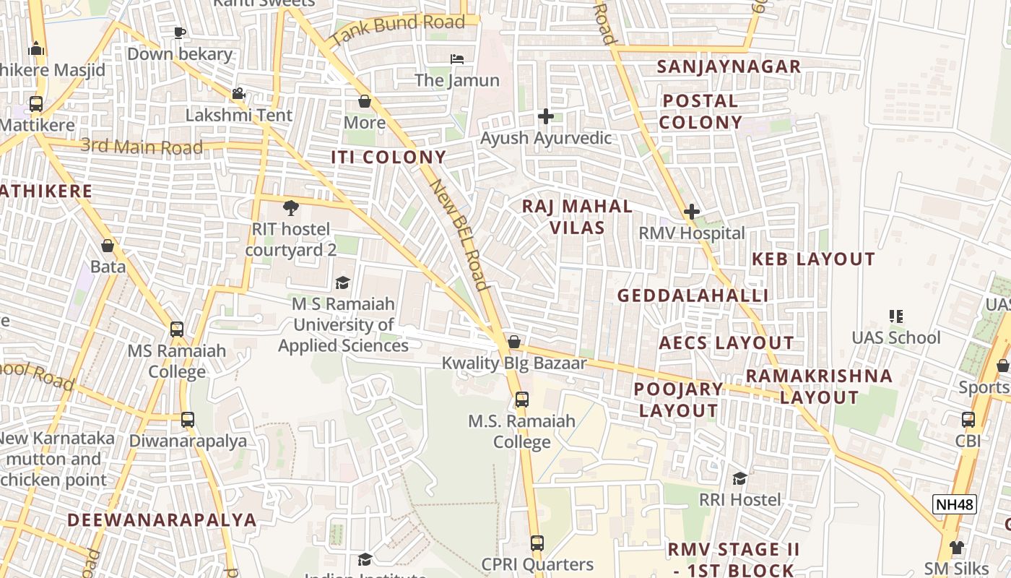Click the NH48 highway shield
click(955, 504)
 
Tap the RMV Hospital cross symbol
click(691, 212)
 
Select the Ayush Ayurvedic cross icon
click(546, 116)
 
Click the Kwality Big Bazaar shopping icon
click(514, 341)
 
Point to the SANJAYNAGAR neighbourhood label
click(729, 66)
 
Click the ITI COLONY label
click(389, 157)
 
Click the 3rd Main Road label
click(142, 146)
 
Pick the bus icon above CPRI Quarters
click(537, 543)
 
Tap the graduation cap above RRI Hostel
click(739, 478)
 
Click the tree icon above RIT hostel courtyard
click(290, 208)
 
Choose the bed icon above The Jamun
click(456, 59)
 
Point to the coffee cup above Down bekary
click(180, 33)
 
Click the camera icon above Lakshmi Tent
click(238, 93)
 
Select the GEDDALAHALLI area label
click(693, 296)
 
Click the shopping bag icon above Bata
click(108, 246)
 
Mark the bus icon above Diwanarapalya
click(188, 419)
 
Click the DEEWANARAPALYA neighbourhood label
click(162, 519)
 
